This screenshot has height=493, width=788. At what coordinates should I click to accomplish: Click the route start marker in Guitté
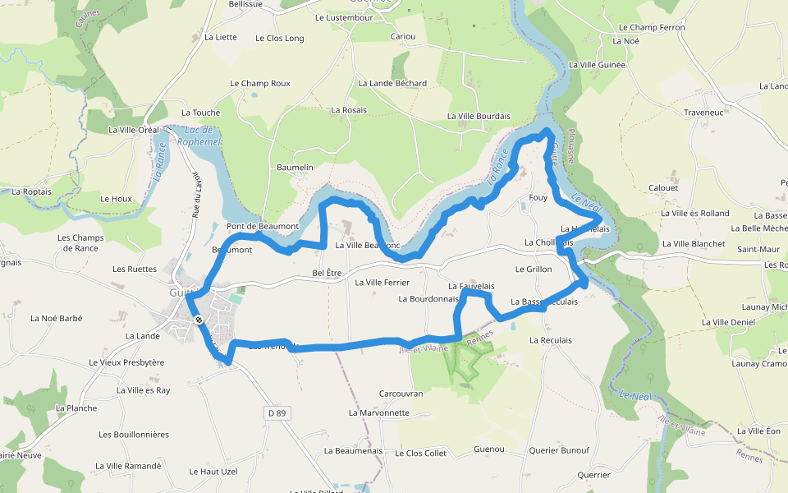pos(198,319)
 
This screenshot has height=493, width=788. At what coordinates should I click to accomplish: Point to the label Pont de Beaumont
pos(263,226)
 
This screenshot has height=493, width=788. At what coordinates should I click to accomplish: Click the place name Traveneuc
pos(703,112)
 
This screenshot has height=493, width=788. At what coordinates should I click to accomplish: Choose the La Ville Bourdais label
pos(479,117)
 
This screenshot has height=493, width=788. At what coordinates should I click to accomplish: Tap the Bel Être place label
pos(327,273)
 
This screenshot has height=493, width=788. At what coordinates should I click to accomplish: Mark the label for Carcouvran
pos(401,394)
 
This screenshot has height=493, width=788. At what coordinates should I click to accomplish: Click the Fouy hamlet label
pos(538,197)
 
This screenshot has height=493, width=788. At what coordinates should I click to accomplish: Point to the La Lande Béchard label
pos(392,83)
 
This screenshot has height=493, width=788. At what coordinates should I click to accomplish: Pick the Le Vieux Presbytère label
pos(127,362)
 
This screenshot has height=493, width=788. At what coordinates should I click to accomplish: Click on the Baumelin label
pos(295,168)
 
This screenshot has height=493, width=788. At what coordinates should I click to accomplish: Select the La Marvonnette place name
pos(378,412)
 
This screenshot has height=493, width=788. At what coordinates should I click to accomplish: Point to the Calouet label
pos(663,187)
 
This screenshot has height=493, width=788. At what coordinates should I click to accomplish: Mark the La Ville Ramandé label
pos(128,466)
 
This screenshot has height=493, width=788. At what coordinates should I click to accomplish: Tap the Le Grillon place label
pos(534,269)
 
